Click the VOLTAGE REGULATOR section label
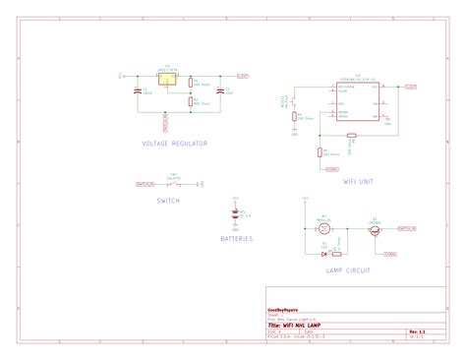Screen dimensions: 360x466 (x=174, y=144)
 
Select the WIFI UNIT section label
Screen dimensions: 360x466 (x=357, y=181)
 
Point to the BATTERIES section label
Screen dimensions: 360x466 (x=236, y=238)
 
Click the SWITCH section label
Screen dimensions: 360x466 (x=168, y=201)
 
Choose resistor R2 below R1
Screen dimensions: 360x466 (x=192, y=100)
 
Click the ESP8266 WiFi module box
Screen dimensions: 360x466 (x=358, y=100)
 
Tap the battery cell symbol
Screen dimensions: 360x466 (x=235, y=214)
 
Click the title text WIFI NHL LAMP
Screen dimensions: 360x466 (x=301, y=326)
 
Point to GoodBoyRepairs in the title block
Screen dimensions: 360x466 (x=285, y=308)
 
